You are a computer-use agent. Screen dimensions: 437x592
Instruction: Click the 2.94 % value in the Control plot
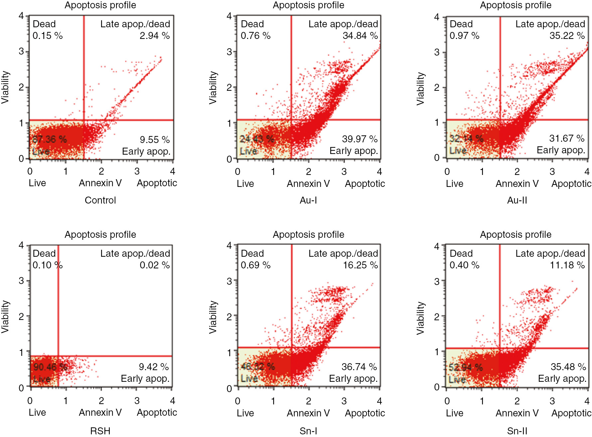(x=155, y=36)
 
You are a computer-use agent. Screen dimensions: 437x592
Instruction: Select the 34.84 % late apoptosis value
(x=360, y=36)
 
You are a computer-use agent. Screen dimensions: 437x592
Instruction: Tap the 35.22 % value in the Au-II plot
(x=567, y=36)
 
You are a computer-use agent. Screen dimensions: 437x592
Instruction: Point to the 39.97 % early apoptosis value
(x=360, y=139)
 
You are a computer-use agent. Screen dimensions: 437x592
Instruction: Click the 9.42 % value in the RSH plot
(x=154, y=367)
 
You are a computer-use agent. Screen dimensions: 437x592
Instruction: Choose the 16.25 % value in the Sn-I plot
(x=360, y=265)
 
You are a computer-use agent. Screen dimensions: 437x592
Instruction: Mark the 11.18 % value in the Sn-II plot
(x=567, y=265)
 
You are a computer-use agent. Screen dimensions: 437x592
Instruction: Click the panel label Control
(x=100, y=200)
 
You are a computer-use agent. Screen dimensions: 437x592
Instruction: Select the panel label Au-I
(x=308, y=200)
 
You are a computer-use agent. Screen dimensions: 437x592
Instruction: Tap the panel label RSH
(x=100, y=431)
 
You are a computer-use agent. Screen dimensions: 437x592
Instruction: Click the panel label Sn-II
(x=517, y=431)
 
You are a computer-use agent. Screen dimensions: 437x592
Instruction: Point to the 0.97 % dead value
(x=464, y=36)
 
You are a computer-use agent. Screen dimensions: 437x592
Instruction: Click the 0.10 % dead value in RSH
(x=48, y=265)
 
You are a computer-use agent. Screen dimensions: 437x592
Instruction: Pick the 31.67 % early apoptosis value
(x=567, y=138)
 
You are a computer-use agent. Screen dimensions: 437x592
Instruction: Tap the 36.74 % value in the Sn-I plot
(x=359, y=367)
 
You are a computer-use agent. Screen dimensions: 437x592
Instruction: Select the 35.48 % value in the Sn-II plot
(x=568, y=367)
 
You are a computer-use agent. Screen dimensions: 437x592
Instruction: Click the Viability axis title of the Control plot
(x=5, y=87)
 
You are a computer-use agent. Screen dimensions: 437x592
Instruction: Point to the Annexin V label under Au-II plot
(x=517, y=184)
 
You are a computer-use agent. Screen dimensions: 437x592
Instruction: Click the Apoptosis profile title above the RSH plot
(x=100, y=234)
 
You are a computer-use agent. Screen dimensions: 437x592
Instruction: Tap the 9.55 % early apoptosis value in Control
(x=155, y=139)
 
